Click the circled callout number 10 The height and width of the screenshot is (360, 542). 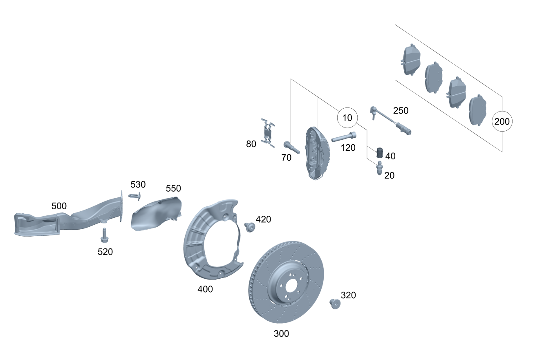click(347, 118)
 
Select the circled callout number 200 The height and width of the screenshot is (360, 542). click(502, 121)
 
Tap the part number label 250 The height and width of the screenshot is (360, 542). click(401, 111)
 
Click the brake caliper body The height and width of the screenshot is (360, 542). click(316, 153)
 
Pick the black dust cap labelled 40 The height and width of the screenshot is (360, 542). click(379, 152)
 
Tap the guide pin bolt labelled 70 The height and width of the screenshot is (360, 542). click(291, 147)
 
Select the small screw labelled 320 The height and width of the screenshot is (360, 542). click(335, 304)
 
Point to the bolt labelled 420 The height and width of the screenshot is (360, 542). click(249, 227)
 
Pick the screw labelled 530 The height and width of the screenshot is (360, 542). click(135, 197)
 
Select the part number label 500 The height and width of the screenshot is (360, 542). click(59, 206)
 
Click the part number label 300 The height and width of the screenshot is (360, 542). click(281, 334)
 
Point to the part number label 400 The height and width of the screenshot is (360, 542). click(205, 289)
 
